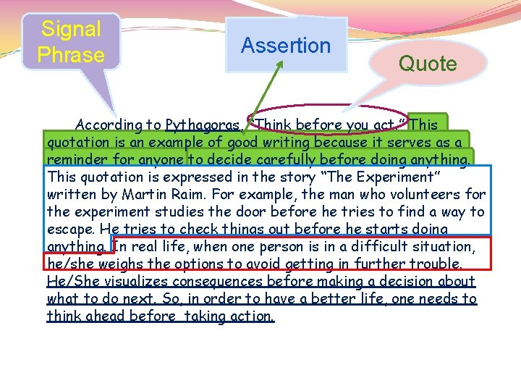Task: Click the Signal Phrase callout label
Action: [x=71, y=42]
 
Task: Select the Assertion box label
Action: [x=286, y=46]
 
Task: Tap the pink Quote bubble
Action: [x=428, y=64]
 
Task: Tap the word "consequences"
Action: [x=221, y=281]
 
